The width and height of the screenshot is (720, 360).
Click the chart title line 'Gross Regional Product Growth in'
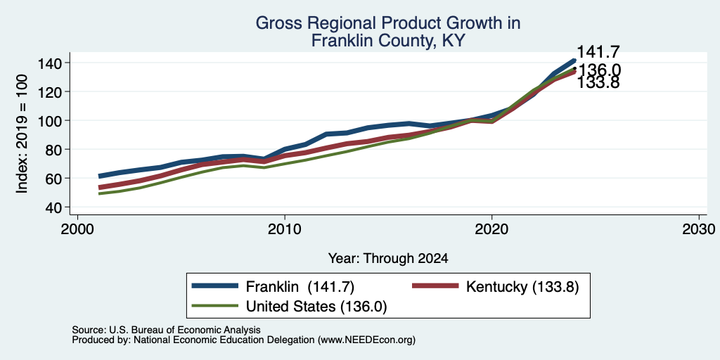pos(387,23)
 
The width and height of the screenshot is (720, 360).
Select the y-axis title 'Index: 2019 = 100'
pos(22,134)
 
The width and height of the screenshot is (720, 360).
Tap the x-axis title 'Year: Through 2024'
pos(388,259)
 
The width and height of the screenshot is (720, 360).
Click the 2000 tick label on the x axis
pos(77,229)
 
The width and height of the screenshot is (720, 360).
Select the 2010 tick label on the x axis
pos(285,229)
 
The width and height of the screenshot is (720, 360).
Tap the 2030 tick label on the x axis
pos(699,229)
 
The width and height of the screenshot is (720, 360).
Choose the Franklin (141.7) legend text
pos(300,286)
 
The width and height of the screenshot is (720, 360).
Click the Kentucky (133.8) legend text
pos(522,286)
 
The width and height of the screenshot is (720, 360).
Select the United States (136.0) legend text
pos(316,307)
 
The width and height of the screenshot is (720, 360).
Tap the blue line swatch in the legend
pos(215,286)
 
